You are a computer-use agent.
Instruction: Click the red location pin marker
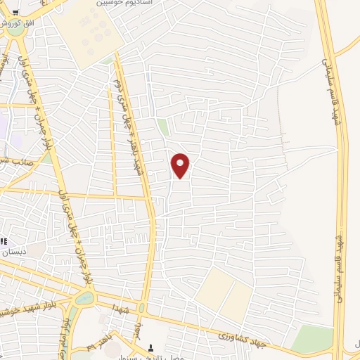coord(181,165)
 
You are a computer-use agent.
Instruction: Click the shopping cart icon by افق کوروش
coord(15,12)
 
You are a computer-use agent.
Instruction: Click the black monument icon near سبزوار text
coord(150,347)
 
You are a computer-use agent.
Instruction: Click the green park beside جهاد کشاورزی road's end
coord(313,340)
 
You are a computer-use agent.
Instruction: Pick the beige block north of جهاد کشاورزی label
coord(223,292)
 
